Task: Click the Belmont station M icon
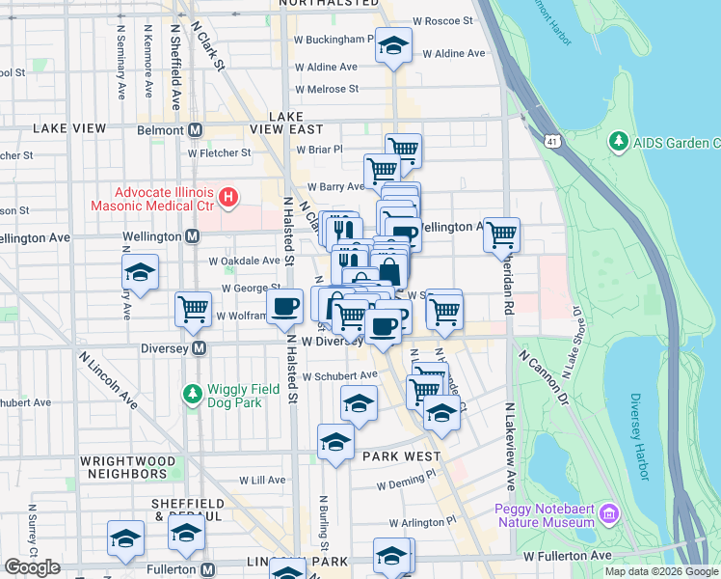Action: (196, 129)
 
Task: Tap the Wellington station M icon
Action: (192, 236)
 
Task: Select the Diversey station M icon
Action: (200, 348)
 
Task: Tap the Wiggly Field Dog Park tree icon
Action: (191, 394)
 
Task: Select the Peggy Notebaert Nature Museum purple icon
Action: (607, 511)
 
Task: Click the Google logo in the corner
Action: (32, 567)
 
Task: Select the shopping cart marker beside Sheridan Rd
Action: (501, 234)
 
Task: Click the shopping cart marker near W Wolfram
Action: (193, 309)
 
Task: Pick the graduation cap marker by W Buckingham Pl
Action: (392, 47)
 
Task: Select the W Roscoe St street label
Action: (442, 19)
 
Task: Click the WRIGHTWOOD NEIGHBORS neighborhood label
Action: (123, 468)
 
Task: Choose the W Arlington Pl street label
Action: (422, 521)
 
